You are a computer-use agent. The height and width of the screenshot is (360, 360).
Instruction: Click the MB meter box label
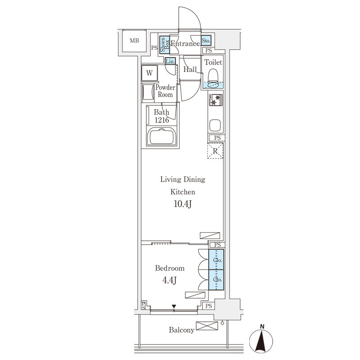(134, 40)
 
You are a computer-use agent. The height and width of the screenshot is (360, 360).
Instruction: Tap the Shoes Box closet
(164, 45)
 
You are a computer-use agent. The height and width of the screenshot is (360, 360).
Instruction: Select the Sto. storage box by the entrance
(206, 41)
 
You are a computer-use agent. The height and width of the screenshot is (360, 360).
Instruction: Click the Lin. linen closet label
(171, 61)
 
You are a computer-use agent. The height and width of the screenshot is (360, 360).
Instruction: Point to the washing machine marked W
(149, 73)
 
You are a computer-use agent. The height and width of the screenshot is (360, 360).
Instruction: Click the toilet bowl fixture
(213, 79)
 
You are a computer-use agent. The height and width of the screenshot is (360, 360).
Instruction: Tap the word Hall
(190, 69)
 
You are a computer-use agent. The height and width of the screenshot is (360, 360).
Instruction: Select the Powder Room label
(165, 91)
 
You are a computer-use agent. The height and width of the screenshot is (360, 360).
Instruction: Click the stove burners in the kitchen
(216, 100)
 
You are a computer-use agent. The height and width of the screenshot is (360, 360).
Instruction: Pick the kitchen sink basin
(215, 125)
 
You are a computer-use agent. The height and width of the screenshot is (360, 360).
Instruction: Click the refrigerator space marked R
(215, 151)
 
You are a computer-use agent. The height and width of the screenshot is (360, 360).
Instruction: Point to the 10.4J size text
(183, 204)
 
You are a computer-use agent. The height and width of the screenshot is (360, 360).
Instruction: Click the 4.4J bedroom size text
(170, 280)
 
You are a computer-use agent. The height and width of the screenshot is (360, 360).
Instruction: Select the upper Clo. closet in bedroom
(216, 260)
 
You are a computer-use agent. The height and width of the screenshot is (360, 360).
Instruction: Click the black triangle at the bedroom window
(174, 306)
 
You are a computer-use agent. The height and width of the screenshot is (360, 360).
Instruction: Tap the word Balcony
(182, 330)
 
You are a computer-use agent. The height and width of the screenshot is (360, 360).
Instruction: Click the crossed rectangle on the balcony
(207, 326)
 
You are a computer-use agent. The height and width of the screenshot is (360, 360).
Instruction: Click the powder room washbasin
(148, 93)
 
